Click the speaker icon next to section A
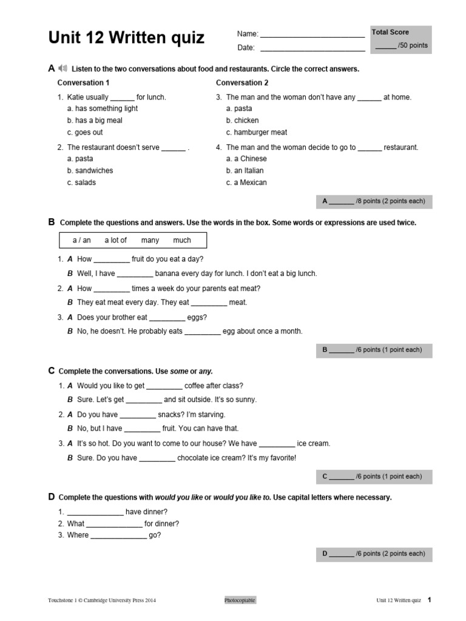tap(63, 69)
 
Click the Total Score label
tap(390, 32)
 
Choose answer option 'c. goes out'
tap(85, 132)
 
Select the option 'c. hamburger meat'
tap(257, 132)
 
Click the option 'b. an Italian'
tap(246, 170)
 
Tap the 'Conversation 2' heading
tap(242, 82)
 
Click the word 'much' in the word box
tap(182, 240)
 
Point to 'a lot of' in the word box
tap(115, 240)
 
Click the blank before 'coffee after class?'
tap(164, 387)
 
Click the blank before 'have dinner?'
tap(95, 513)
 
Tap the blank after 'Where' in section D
tap(118, 537)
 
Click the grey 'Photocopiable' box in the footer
tap(240, 600)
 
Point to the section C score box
tap(374, 477)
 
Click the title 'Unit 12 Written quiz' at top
tap(126, 39)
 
